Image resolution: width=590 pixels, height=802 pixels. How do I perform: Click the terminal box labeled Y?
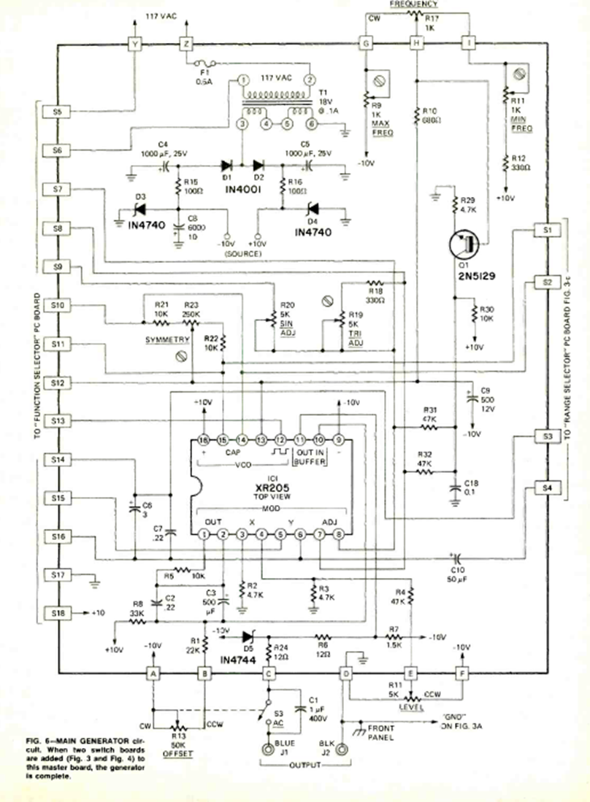(135, 44)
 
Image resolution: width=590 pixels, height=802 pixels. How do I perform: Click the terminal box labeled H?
(416, 44)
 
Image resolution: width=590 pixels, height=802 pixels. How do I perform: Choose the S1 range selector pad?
(548, 230)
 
